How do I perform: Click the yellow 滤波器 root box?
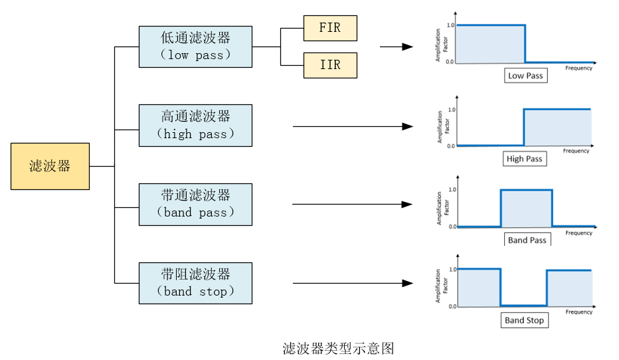coord(50,166)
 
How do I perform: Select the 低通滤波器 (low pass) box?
coord(195,46)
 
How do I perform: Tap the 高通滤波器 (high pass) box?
coord(195,126)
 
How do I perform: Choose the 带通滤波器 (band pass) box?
coord(195,205)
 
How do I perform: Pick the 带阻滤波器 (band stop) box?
coord(195,283)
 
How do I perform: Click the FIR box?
coord(330,28)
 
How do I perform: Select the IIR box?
coord(330,65)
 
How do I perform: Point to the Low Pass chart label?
coord(525,76)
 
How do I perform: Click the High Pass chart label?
coord(524,159)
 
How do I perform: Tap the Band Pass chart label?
coord(527,240)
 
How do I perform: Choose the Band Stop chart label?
coord(524,320)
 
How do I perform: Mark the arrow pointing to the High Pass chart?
coord(352,126)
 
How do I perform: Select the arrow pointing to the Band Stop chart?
coord(352,284)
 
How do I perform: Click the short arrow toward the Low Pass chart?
coord(397,47)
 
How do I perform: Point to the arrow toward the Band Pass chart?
coord(352,205)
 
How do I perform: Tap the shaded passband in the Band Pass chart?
coord(526,209)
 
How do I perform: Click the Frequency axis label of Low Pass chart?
coord(578,68)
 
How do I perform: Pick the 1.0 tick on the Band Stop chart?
coord(452,269)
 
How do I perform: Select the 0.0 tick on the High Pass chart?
coord(452,145)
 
